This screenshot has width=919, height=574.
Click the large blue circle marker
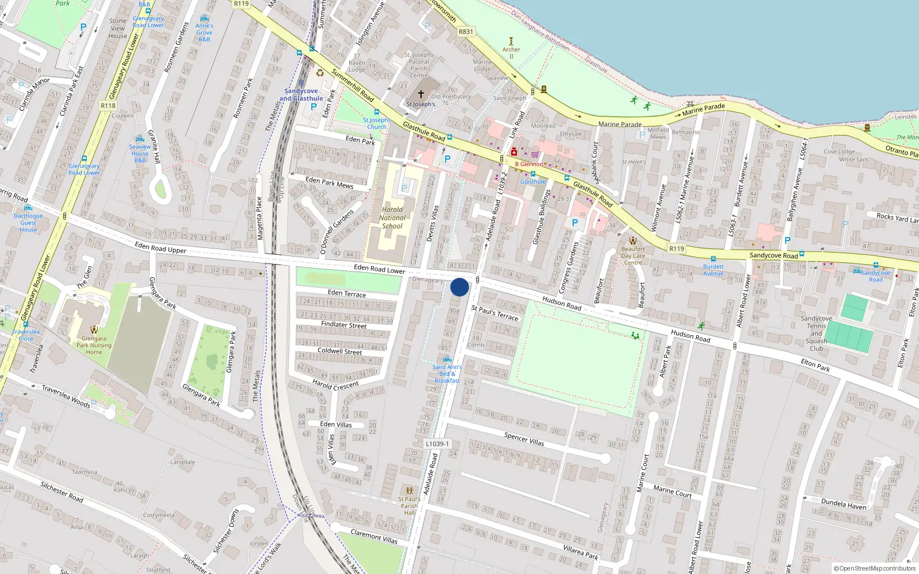tap(459, 287)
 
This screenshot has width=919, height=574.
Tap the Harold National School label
tap(392, 218)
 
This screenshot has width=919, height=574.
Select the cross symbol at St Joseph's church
tap(421, 94)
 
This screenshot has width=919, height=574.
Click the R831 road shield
tap(466, 32)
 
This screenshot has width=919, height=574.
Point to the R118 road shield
tap(108, 106)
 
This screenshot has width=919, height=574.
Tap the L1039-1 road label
tap(438, 444)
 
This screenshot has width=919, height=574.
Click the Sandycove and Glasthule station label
tap(301, 95)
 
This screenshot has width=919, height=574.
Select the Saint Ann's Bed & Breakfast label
tap(447, 374)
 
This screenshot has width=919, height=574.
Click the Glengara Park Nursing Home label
tap(94, 346)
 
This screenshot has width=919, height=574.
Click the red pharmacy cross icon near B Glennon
tap(513, 152)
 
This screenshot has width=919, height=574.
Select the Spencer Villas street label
tap(524, 439)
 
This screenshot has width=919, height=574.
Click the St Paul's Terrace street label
tap(495, 313)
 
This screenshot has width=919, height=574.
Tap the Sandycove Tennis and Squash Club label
tap(816, 333)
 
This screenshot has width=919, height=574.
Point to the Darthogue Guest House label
tap(28, 223)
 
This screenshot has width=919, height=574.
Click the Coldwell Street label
tap(340, 351)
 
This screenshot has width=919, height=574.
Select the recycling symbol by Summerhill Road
tap(320, 73)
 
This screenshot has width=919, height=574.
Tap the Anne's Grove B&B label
tap(204, 32)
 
